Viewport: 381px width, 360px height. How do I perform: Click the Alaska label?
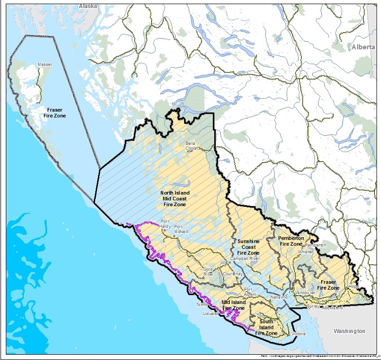click(88, 6)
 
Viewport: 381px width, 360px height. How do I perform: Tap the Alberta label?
click(365, 48)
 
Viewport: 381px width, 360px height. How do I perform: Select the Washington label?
click(349, 331)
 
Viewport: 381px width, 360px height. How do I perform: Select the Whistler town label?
click(306, 253)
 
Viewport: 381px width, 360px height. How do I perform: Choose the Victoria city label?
click(299, 334)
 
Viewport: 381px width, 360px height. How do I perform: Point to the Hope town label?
click(354, 287)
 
